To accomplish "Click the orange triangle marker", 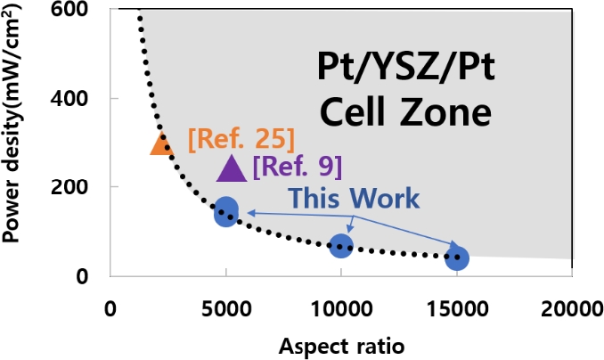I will (x=161, y=143).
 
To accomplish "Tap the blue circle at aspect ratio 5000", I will (x=226, y=212).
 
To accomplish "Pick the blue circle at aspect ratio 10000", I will (x=341, y=246).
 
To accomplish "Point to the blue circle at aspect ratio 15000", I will (x=457, y=258).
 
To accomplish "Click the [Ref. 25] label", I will (x=241, y=139).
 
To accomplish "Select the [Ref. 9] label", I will (x=297, y=166).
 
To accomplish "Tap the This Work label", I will (x=354, y=198).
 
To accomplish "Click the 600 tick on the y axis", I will (x=78, y=11).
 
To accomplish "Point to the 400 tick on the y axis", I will (x=78, y=99).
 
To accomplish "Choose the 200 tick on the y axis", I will (x=78, y=187).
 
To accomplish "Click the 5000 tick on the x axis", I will (x=226, y=309).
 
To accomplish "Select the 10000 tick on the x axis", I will (x=341, y=309).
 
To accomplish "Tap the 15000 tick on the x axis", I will (x=457, y=309).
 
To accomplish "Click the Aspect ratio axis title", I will (x=340, y=345).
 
